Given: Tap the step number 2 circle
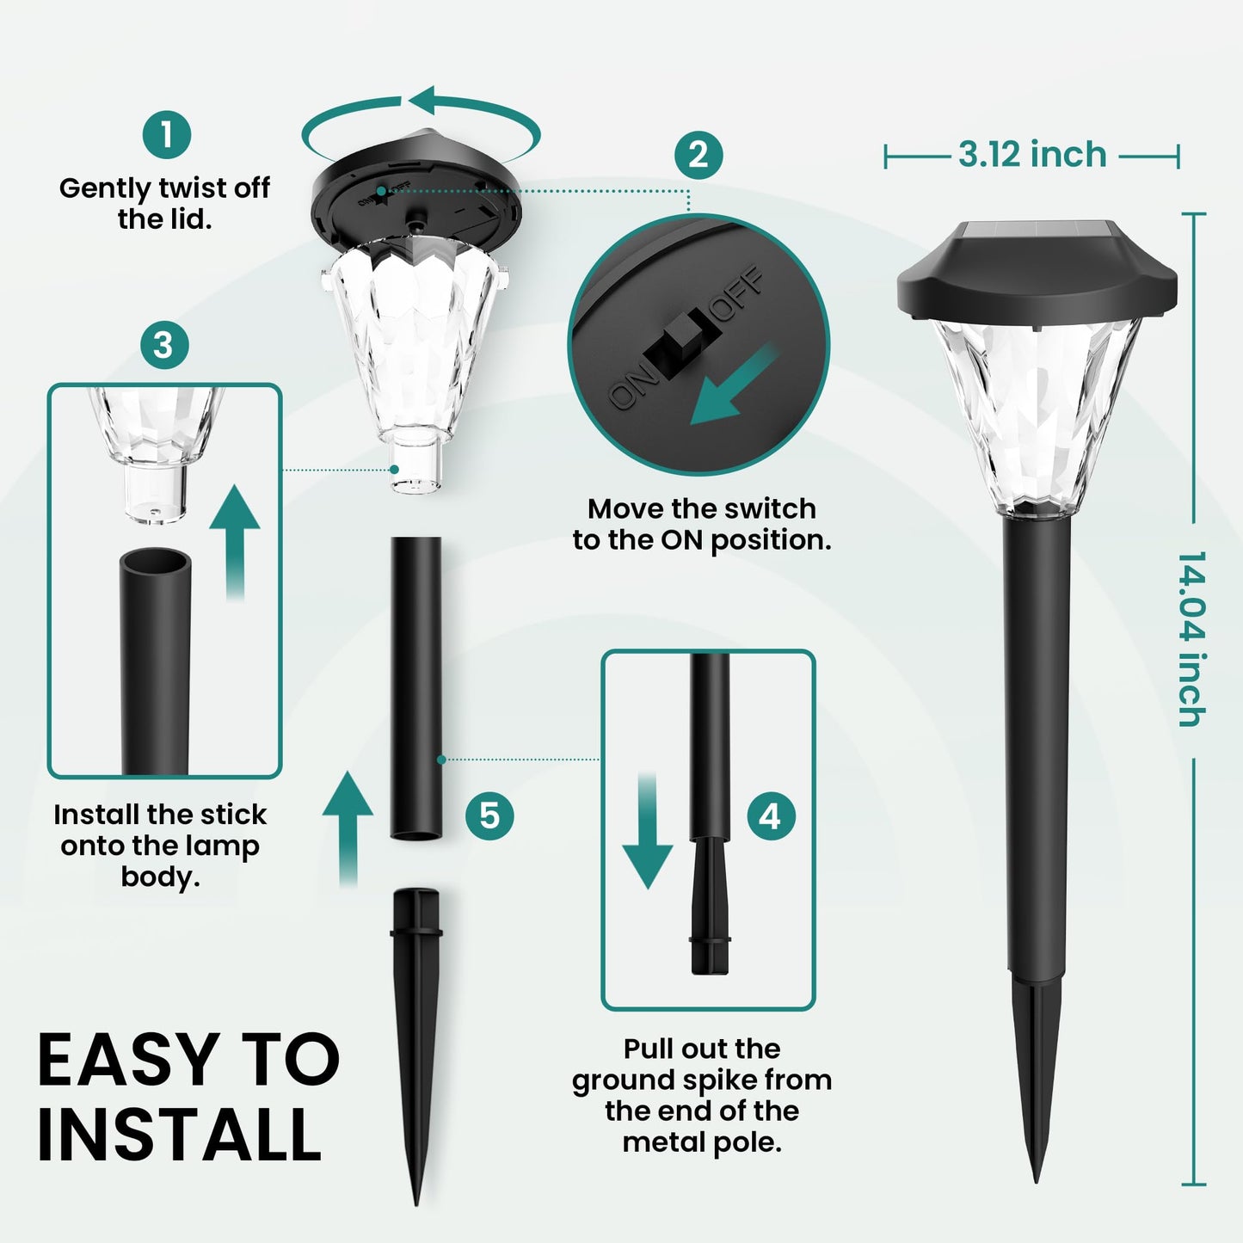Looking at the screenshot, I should point(698,155).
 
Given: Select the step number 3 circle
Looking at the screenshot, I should point(163,345).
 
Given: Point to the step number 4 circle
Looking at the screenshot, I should point(770,815).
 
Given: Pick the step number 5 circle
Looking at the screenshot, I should point(489,815).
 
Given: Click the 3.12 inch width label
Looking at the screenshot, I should point(1032,155).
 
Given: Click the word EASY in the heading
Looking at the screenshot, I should point(117,1060).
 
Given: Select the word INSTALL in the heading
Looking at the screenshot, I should point(179,1135).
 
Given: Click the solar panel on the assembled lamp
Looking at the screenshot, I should point(1036,231).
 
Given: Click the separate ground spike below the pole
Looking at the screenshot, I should point(416,1032).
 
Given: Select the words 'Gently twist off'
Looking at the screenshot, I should point(164,188).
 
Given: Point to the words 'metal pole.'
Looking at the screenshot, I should point(702,1142).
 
